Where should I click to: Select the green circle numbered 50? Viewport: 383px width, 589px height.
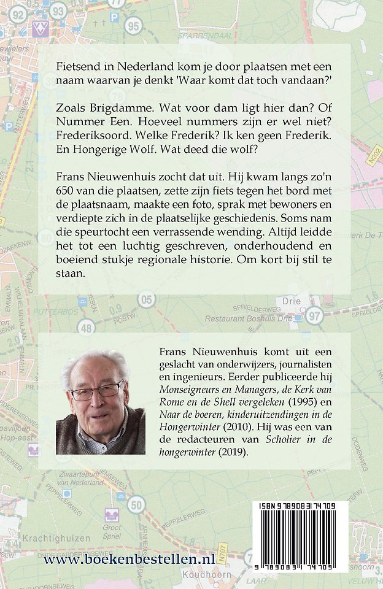coord(137,505)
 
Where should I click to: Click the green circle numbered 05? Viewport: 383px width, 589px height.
coord(146,299)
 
